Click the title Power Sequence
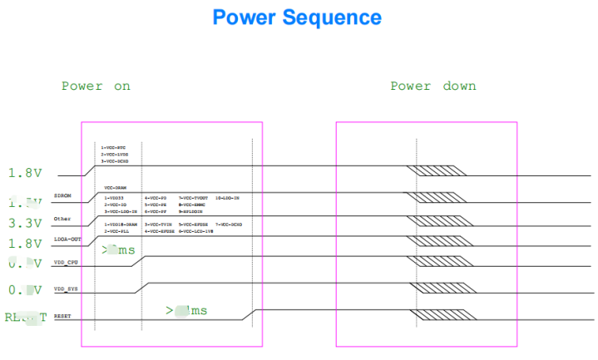[x=297, y=17]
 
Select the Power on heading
[x=96, y=86]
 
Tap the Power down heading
[x=433, y=86]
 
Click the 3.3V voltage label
[x=25, y=223]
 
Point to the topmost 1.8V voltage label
[x=25, y=173]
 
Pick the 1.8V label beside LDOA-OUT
[x=25, y=244]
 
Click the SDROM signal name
[x=62, y=197]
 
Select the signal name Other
[x=62, y=218]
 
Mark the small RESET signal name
[x=62, y=317]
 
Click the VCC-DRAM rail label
[x=115, y=188]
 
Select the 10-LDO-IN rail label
[x=227, y=197]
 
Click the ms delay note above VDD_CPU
[x=118, y=249]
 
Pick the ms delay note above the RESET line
[x=186, y=310]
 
